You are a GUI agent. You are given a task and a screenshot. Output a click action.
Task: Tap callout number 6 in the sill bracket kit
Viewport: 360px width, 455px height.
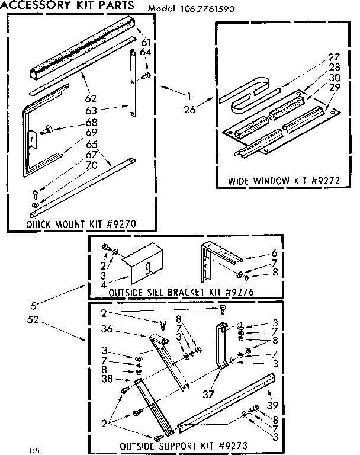pos(258,252)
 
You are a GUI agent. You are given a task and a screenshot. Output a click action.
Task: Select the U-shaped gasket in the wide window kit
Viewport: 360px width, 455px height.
pos(245,97)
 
